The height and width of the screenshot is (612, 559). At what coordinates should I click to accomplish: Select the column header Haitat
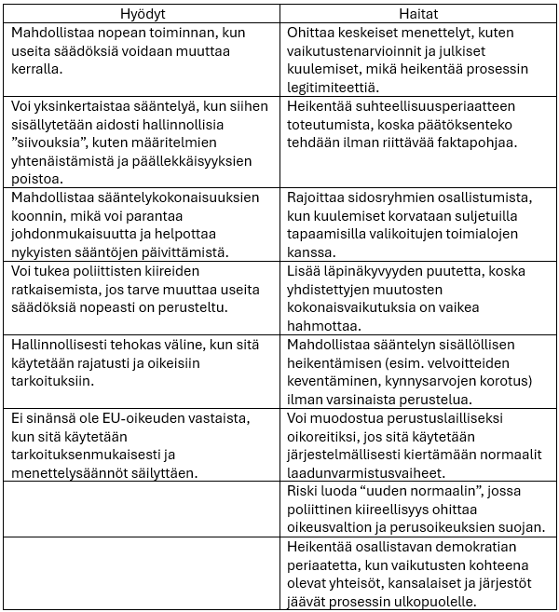tap(418, 15)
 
